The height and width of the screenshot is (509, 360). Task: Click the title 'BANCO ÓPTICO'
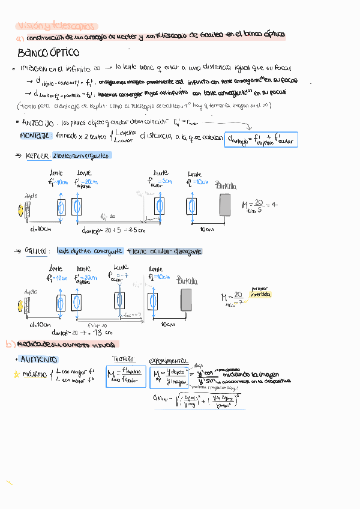click(48, 53)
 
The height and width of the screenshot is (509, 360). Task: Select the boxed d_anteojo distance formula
click(260, 139)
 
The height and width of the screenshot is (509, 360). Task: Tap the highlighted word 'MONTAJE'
click(34, 136)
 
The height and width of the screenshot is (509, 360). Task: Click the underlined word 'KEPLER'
click(37, 155)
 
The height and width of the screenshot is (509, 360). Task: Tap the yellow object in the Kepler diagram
click(26, 208)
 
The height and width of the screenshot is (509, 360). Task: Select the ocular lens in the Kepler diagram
click(159, 207)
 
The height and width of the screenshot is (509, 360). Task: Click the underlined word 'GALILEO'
click(37, 251)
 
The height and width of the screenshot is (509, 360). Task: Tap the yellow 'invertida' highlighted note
click(261, 295)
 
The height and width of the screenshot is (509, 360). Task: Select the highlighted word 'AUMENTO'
click(39, 360)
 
